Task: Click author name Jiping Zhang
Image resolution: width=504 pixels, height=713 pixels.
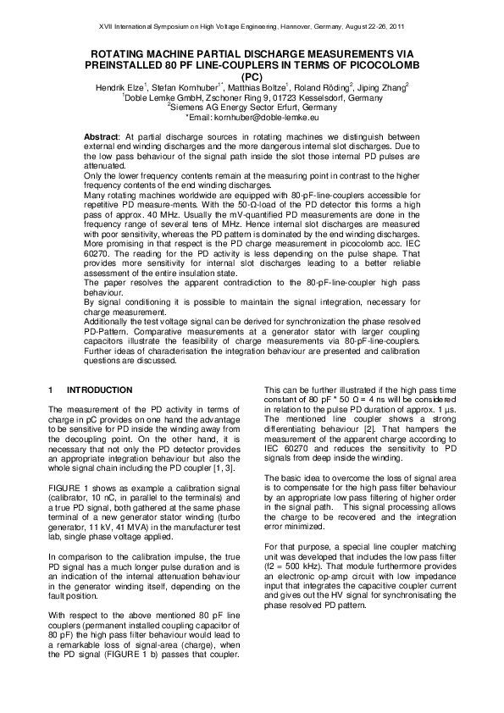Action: pos(385,86)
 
